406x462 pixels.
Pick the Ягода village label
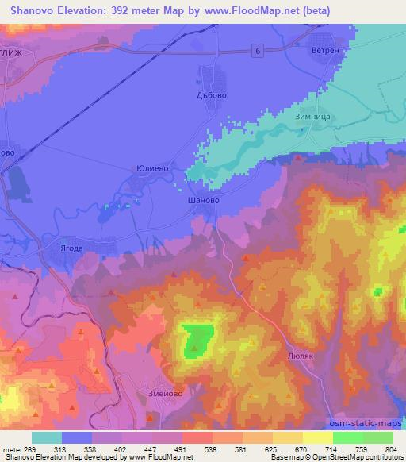point(72,247)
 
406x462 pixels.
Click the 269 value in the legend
point(34,449)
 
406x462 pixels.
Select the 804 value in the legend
point(378,449)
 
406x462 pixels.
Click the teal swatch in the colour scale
point(46,437)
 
